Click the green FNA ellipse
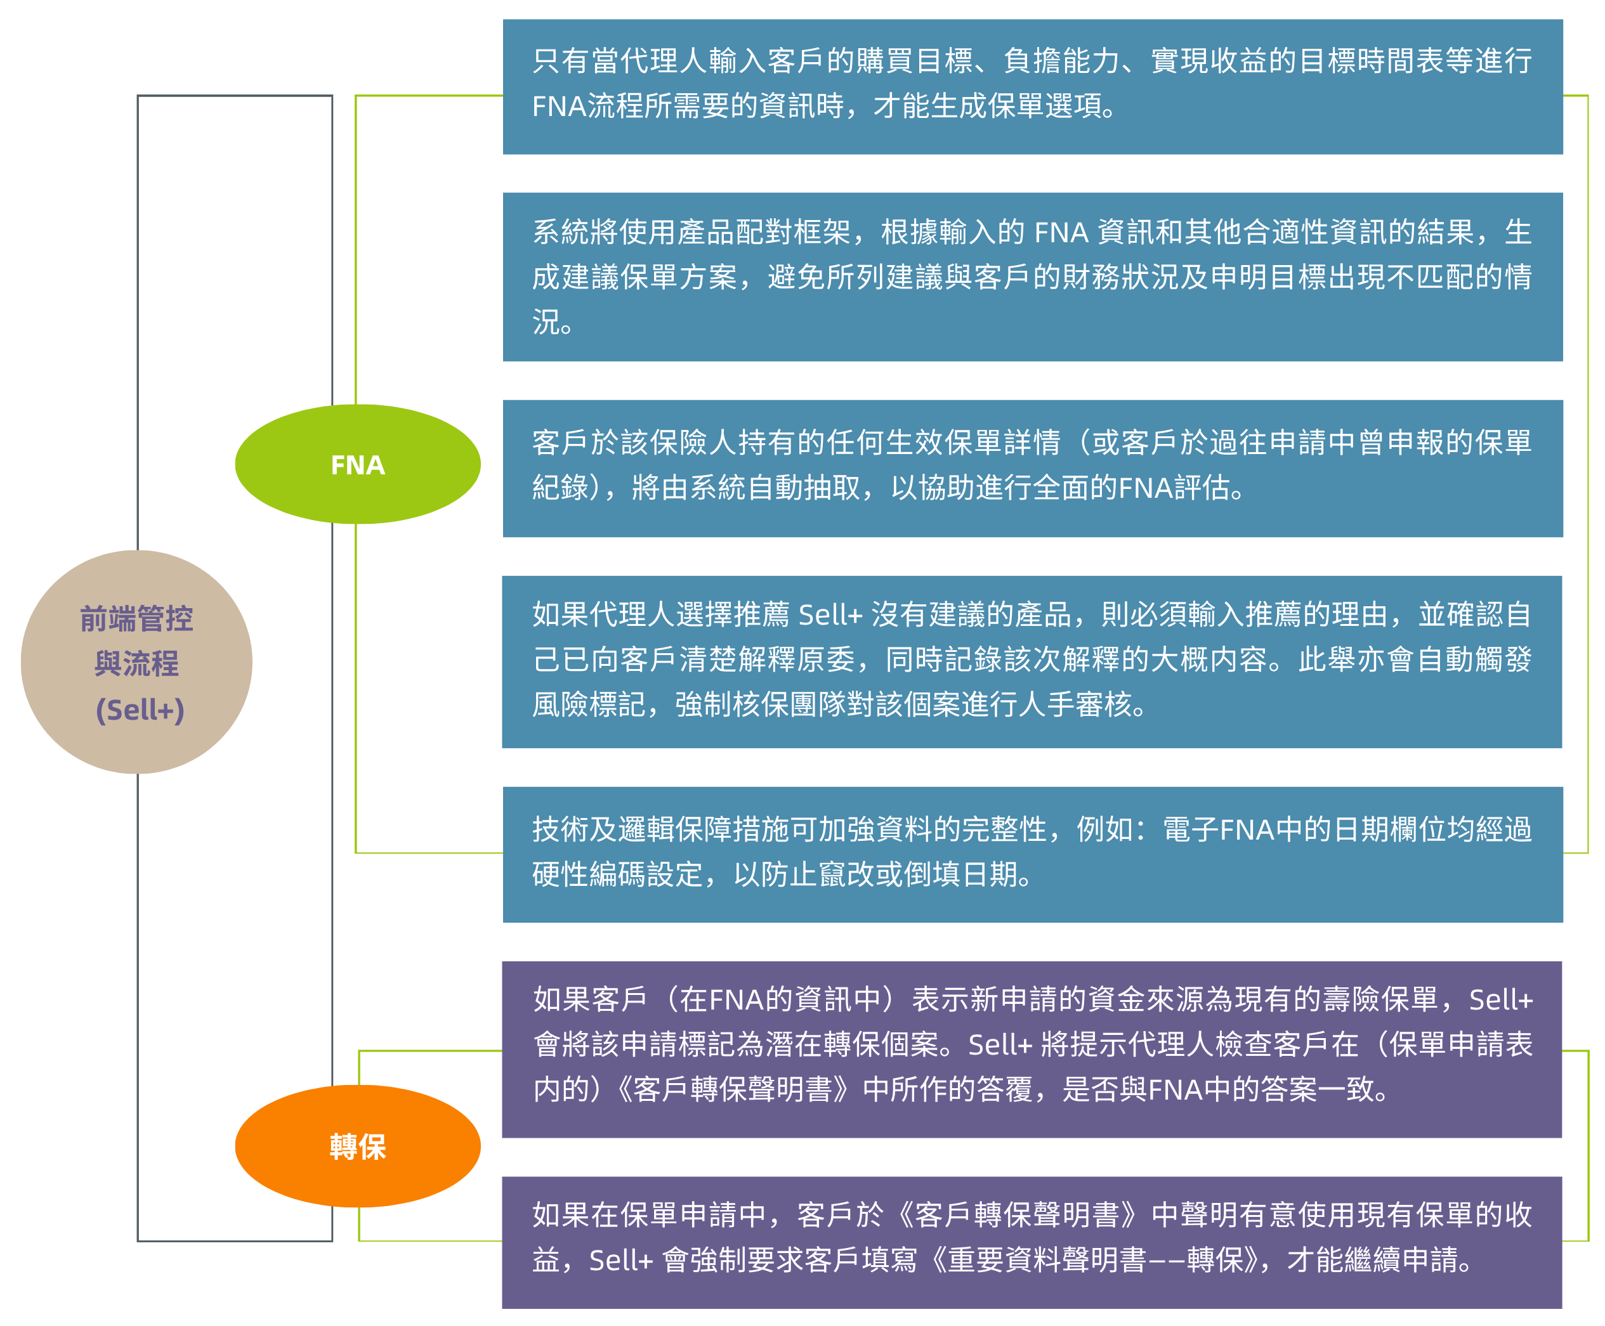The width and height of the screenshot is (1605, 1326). click(358, 464)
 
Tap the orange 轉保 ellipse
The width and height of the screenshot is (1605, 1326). click(358, 1147)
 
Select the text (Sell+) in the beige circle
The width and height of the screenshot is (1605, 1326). click(140, 710)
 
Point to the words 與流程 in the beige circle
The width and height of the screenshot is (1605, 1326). click(137, 664)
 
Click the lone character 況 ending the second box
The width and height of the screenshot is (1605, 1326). click(547, 322)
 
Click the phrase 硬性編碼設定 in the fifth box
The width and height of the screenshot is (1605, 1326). click(617, 874)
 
